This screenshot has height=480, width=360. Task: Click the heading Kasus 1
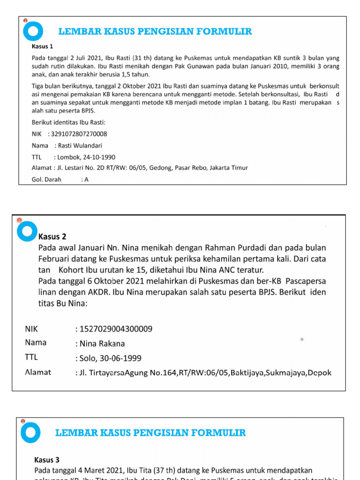[42, 46]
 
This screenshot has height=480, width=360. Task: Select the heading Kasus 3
[47, 460]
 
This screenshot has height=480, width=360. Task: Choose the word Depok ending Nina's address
[319, 373]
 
